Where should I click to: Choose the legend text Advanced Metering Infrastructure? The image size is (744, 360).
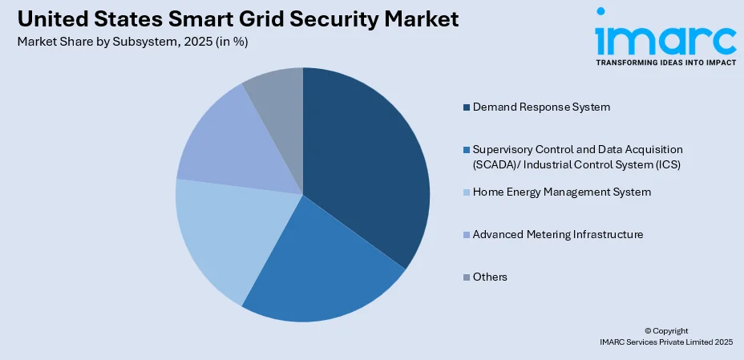[x=558, y=234]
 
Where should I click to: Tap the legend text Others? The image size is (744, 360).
[x=490, y=277]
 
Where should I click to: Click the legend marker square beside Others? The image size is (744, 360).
[x=466, y=277]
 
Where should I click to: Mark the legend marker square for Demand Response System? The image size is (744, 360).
[x=466, y=107]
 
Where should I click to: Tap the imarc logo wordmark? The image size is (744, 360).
[x=665, y=36]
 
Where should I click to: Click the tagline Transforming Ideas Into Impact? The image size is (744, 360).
[x=665, y=62]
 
